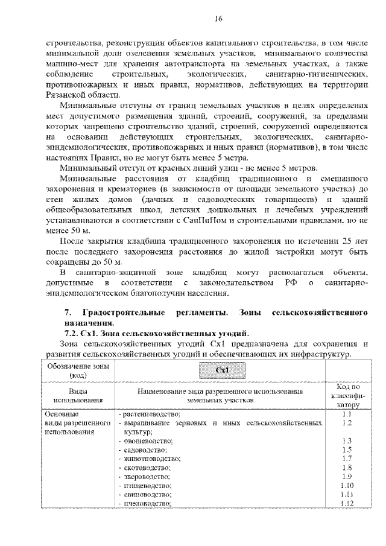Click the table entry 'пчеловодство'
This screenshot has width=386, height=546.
tap(147, 503)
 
